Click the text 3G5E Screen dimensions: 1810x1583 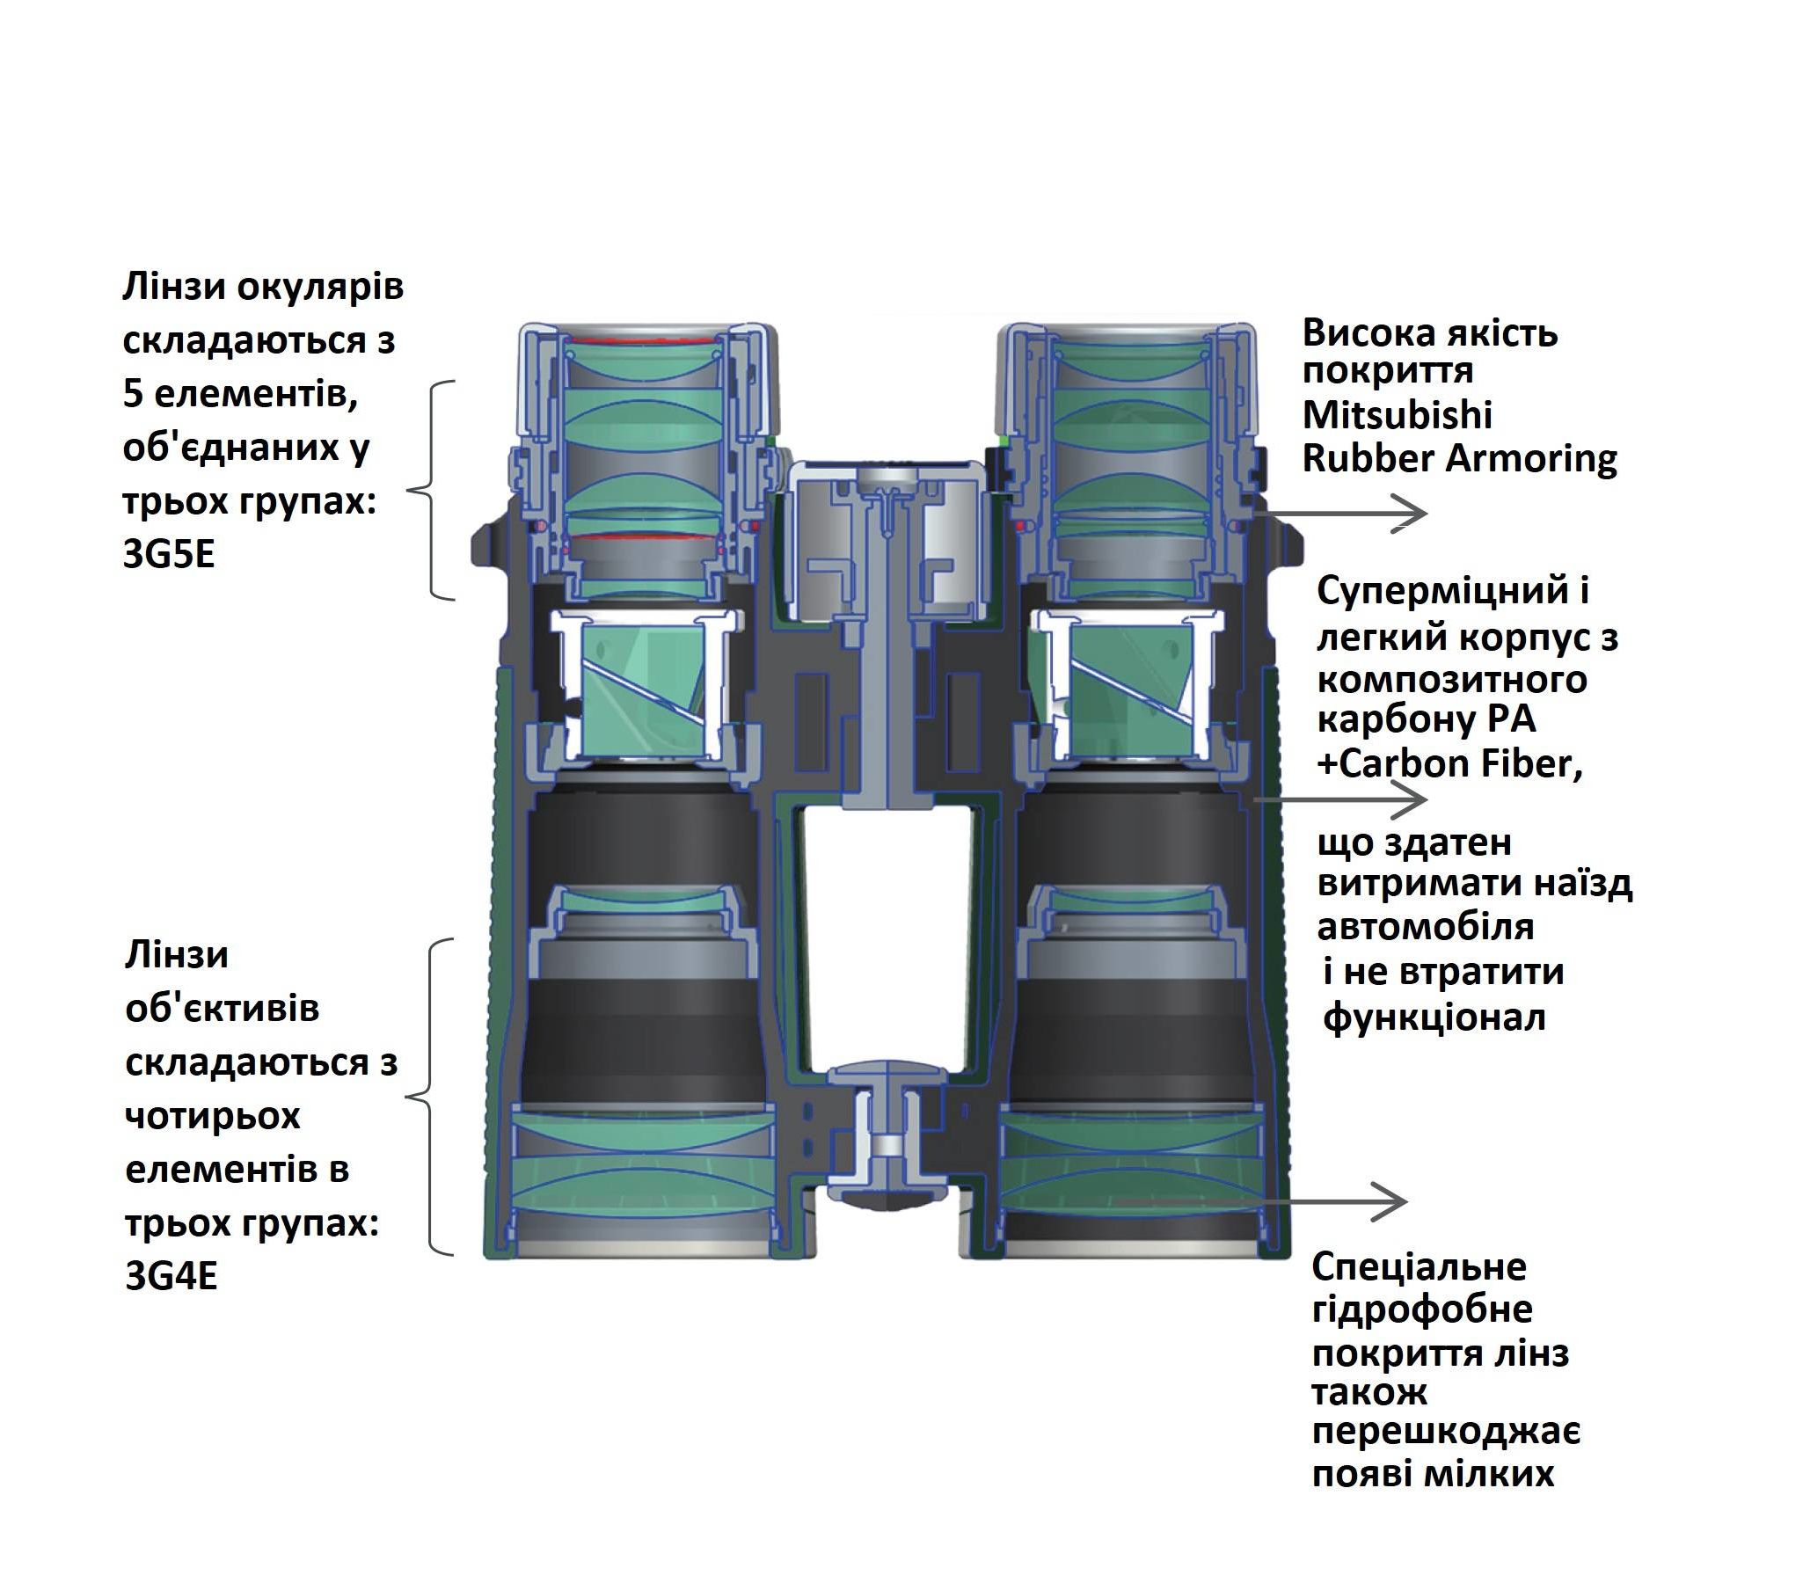(169, 555)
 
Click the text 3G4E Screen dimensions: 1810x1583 (172, 1275)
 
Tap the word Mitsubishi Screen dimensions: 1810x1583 (1398, 414)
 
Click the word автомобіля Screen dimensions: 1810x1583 (1426, 927)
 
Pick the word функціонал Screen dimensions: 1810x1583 (1434, 1018)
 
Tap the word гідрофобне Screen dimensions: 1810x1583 (1422, 1309)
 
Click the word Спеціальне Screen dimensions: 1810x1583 (1420, 1267)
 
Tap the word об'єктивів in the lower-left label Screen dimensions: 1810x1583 (223, 1008)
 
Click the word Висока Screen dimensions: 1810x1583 (1368, 334)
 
